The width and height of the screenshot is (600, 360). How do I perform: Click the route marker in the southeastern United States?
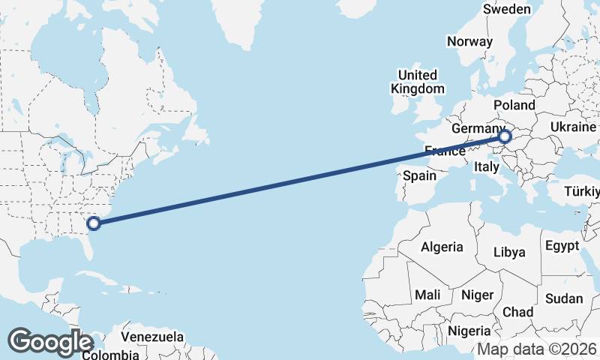pos(94,223)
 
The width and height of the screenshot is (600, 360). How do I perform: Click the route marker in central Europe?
pos(505,136)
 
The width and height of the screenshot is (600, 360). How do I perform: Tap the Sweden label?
pos(507,10)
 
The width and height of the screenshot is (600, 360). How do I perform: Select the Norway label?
pos(469,42)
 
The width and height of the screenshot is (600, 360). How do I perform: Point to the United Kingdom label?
pos(418,82)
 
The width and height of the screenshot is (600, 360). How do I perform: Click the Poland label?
pos(515,106)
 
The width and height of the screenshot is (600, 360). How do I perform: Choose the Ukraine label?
pos(574,128)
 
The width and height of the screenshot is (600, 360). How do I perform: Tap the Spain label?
pos(419,176)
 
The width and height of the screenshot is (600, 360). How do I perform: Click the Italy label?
pos(486,169)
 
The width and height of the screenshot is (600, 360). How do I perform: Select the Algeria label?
pos(442,247)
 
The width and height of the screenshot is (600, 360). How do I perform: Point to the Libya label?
pos(509,252)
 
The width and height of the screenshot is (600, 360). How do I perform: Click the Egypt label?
pos(562,246)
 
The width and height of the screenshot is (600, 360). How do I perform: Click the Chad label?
pos(518,312)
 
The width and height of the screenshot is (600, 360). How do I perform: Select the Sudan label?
pos(563,298)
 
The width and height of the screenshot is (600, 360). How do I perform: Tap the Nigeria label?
pos(469,331)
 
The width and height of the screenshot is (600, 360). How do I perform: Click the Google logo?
pos(50,342)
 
